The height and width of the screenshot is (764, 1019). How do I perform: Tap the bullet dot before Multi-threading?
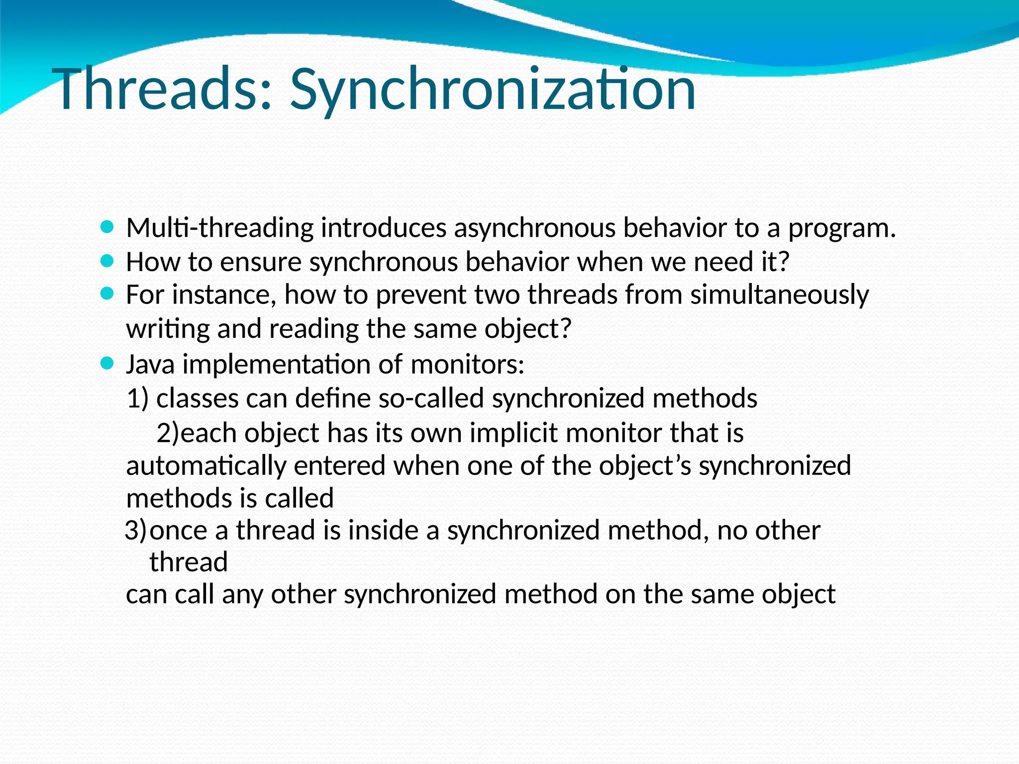107,228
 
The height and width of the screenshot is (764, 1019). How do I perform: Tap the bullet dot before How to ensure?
107,261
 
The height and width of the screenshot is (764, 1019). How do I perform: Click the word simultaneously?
779,295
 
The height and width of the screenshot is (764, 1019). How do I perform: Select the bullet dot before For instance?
107,294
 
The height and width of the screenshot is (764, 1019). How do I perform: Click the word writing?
168,329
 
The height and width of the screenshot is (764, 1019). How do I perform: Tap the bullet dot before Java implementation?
107,364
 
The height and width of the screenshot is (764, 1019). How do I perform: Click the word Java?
150,365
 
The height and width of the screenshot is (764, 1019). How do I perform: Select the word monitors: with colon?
467,365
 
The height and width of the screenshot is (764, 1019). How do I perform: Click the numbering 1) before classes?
138,399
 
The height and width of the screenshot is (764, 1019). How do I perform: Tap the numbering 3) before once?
136,530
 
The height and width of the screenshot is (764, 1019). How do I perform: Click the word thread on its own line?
189,563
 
